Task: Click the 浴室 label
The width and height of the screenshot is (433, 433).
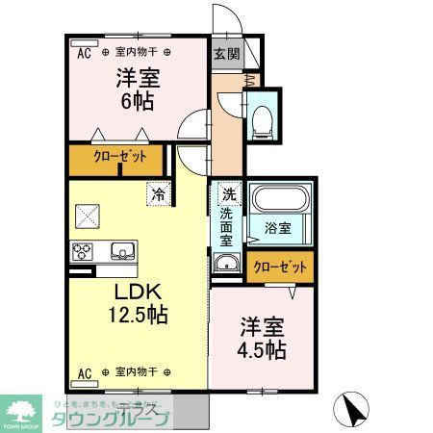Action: [279, 228]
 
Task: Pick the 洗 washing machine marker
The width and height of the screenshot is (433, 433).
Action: [228, 192]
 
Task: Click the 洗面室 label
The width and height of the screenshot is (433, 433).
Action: [228, 228]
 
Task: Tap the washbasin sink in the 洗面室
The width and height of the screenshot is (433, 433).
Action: [227, 267]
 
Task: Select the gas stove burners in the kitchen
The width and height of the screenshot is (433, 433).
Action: [82, 252]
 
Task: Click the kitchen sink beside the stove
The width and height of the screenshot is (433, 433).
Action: [122, 252]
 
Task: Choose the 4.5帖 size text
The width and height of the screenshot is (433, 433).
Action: [262, 350]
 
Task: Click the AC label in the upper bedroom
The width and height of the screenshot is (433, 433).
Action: [84, 54]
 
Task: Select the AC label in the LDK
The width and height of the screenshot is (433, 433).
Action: [84, 371]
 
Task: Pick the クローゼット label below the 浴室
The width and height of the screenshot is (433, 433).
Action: [280, 267]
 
